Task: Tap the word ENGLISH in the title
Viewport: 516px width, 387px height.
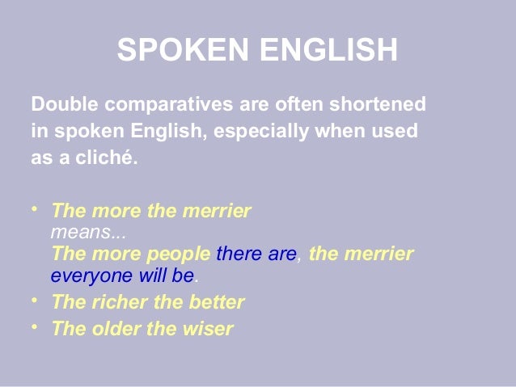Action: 328,50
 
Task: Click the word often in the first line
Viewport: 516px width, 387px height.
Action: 286,105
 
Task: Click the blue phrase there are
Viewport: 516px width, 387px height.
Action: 256,254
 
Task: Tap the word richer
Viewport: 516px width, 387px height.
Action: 112,303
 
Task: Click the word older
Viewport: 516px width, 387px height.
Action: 110,329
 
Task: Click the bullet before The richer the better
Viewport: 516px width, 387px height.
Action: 35,301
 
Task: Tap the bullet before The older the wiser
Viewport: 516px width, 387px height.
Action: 35,327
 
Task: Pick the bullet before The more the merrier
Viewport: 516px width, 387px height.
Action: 35,209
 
